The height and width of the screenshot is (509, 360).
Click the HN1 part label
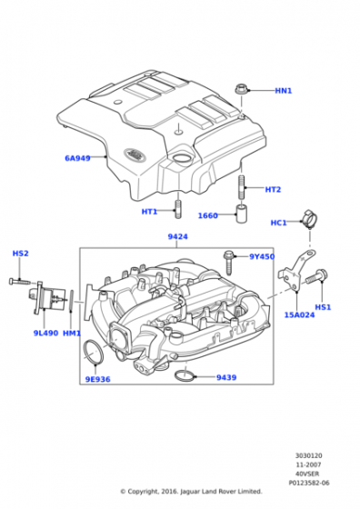tap(284, 91)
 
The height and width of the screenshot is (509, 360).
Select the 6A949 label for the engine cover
tap(77, 158)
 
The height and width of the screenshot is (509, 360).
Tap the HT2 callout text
tap(273, 189)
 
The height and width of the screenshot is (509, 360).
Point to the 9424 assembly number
tap(177, 236)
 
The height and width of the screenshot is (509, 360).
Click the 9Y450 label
tap(262, 256)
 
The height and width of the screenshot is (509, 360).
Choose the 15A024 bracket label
tap(299, 314)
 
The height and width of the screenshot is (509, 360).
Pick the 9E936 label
tap(97, 379)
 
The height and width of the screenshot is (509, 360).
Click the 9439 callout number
tap(226, 377)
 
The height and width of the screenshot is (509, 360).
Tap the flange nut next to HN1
tap(241, 89)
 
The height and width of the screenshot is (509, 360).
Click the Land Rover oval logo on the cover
tap(135, 154)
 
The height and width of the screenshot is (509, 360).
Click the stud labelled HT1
tap(178, 209)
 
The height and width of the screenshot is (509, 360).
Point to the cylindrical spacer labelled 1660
tap(241, 214)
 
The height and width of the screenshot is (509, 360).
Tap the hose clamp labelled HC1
tap(309, 219)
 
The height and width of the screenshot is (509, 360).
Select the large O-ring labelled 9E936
tap(94, 352)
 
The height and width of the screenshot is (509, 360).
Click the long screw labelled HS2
tap(19, 282)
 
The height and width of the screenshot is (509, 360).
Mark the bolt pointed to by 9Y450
tap(228, 263)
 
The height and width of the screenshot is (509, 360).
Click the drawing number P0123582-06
tap(309, 483)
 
